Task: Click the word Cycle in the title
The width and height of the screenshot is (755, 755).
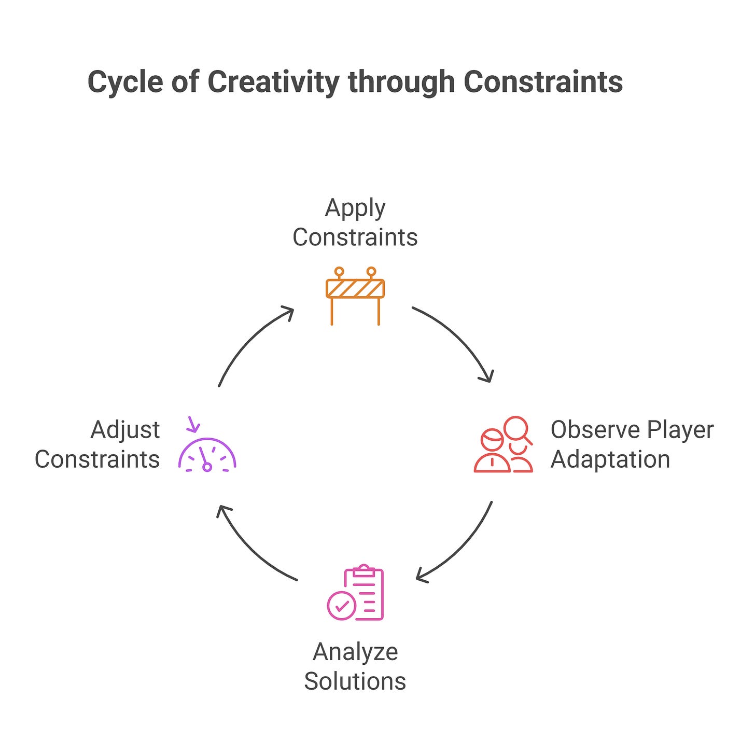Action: click(125, 82)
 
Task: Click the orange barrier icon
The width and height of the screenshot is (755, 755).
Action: click(355, 296)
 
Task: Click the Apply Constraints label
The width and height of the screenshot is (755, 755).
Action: click(355, 223)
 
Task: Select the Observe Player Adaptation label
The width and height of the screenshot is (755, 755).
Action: click(632, 444)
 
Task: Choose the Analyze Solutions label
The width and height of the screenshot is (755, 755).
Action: click(355, 666)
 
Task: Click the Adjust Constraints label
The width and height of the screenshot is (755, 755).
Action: click(98, 444)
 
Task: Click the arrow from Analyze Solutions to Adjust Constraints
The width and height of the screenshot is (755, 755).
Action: click(249, 550)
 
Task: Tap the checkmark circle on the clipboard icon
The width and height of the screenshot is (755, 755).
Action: click(342, 605)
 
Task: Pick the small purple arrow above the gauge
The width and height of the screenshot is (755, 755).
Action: click(193, 424)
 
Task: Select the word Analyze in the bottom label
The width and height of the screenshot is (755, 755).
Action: click(355, 652)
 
